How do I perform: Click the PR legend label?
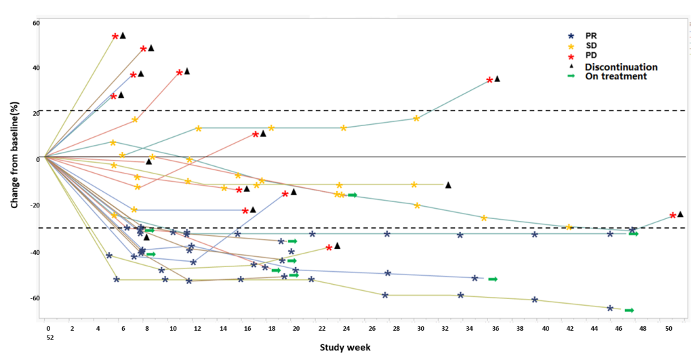(592, 35)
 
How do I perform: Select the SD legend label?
(591, 45)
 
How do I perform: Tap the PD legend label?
(591, 55)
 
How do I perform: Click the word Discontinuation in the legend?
(621, 66)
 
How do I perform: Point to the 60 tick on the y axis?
(36, 24)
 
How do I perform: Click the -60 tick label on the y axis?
(35, 298)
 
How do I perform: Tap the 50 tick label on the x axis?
(668, 328)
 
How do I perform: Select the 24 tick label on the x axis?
(345, 328)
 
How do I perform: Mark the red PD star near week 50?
(673, 216)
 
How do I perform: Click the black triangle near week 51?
(680, 214)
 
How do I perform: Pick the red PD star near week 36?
(490, 80)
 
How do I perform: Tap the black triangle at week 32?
(447, 184)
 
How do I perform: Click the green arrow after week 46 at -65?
(629, 310)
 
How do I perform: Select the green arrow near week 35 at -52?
(492, 279)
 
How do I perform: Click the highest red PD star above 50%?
(115, 37)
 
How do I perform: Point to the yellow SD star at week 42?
(569, 227)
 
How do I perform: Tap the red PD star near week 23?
(329, 247)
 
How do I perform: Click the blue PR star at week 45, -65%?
(610, 308)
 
